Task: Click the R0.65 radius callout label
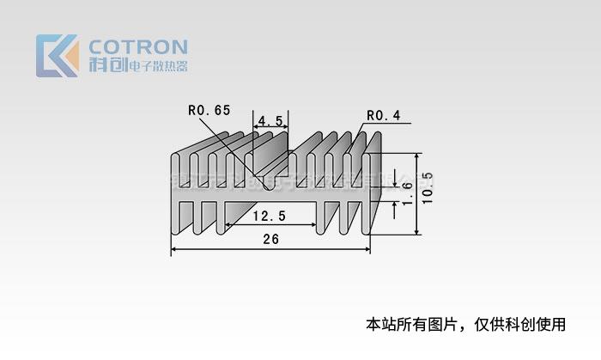tap(209, 110)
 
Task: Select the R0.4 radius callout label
tap(383, 116)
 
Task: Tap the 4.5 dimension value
tap(270, 120)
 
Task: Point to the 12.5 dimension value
tap(270, 215)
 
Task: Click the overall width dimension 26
tap(270, 240)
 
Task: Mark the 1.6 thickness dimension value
tap(407, 186)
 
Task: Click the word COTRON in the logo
tap(138, 46)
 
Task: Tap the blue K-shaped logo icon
tap(57, 56)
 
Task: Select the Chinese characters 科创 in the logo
tap(106, 65)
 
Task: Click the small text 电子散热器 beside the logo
tap(157, 66)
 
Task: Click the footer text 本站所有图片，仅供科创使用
tap(466, 325)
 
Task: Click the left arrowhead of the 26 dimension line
tap(174, 250)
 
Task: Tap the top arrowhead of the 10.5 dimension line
tap(417, 157)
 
